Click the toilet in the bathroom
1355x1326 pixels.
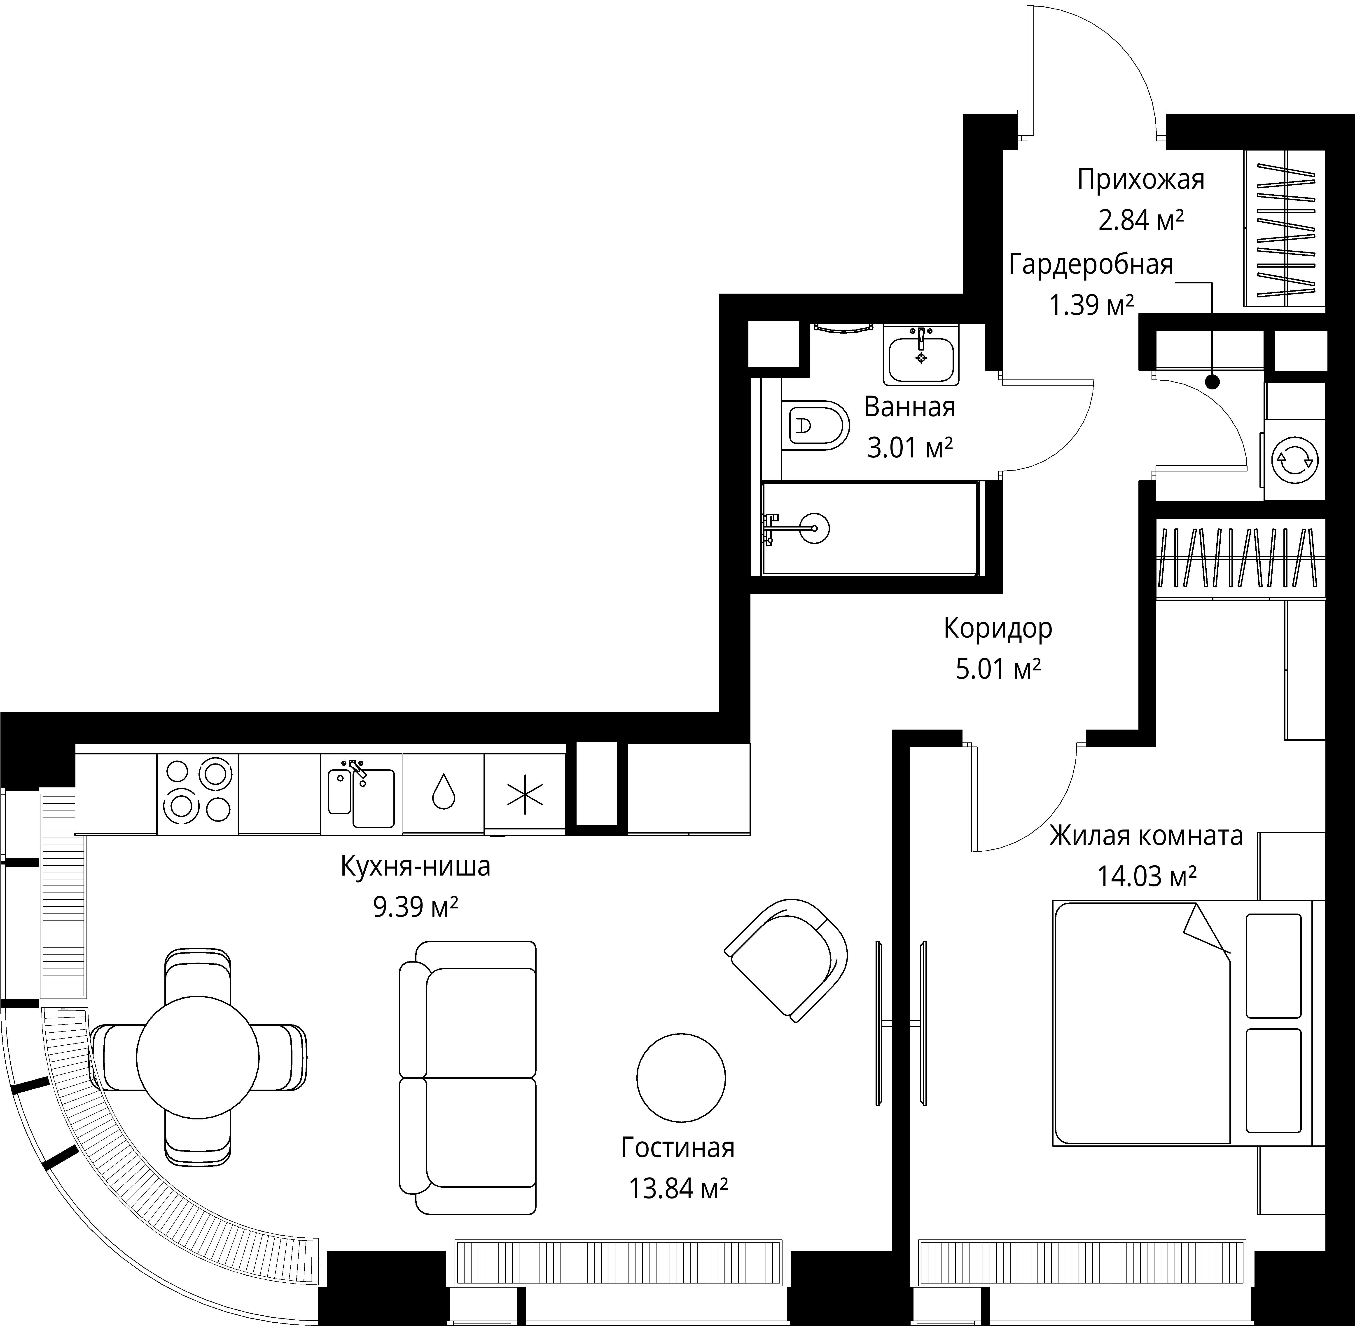(814, 425)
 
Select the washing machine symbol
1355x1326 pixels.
(1294, 460)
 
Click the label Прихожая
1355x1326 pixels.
(1141, 180)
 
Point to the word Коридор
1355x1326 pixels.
(998, 628)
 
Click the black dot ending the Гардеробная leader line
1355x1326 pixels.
(1212, 382)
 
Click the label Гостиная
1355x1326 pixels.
(678, 1148)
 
